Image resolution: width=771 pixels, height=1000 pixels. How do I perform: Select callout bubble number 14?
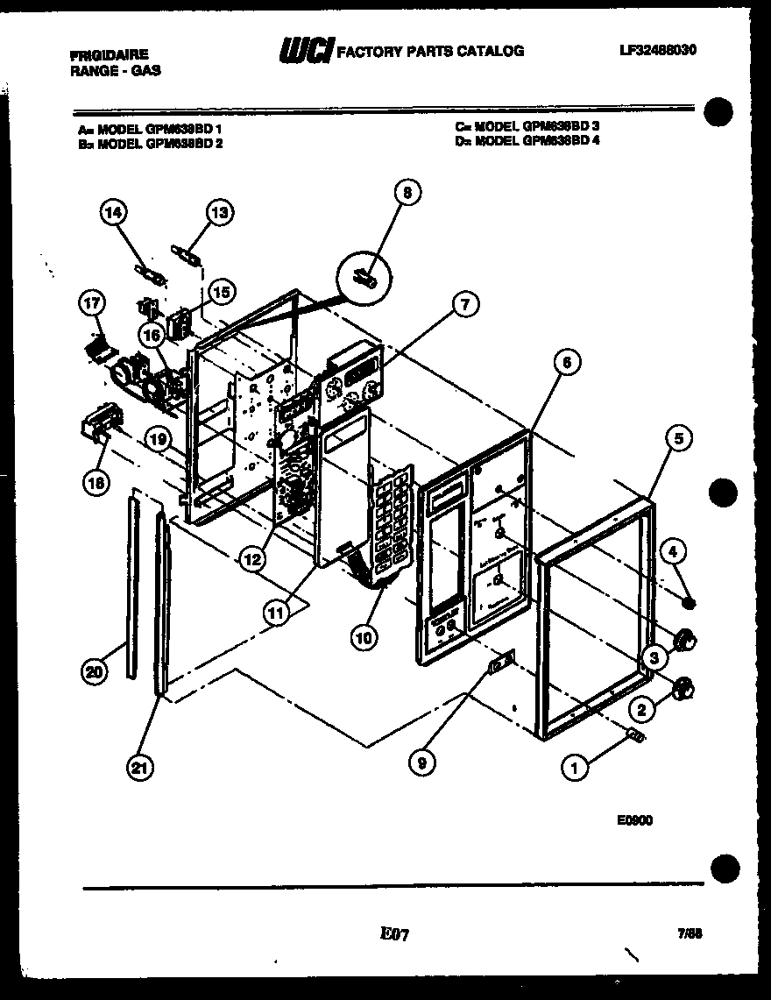(x=113, y=211)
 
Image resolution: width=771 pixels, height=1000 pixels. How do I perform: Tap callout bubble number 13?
(x=220, y=211)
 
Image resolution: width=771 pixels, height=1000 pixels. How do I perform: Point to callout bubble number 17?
(x=91, y=304)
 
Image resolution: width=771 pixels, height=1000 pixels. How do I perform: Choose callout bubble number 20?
(x=93, y=672)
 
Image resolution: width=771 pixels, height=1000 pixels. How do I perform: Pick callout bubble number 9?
(x=421, y=763)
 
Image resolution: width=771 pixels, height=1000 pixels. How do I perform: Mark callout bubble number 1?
(x=574, y=769)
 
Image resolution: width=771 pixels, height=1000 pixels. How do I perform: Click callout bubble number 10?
(x=364, y=637)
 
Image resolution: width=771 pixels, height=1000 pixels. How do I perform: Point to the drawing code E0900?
(x=634, y=820)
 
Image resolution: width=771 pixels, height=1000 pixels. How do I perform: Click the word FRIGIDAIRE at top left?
(x=110, y=53)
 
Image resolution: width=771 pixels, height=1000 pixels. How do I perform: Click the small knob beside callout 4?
(x=690, y=603)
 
